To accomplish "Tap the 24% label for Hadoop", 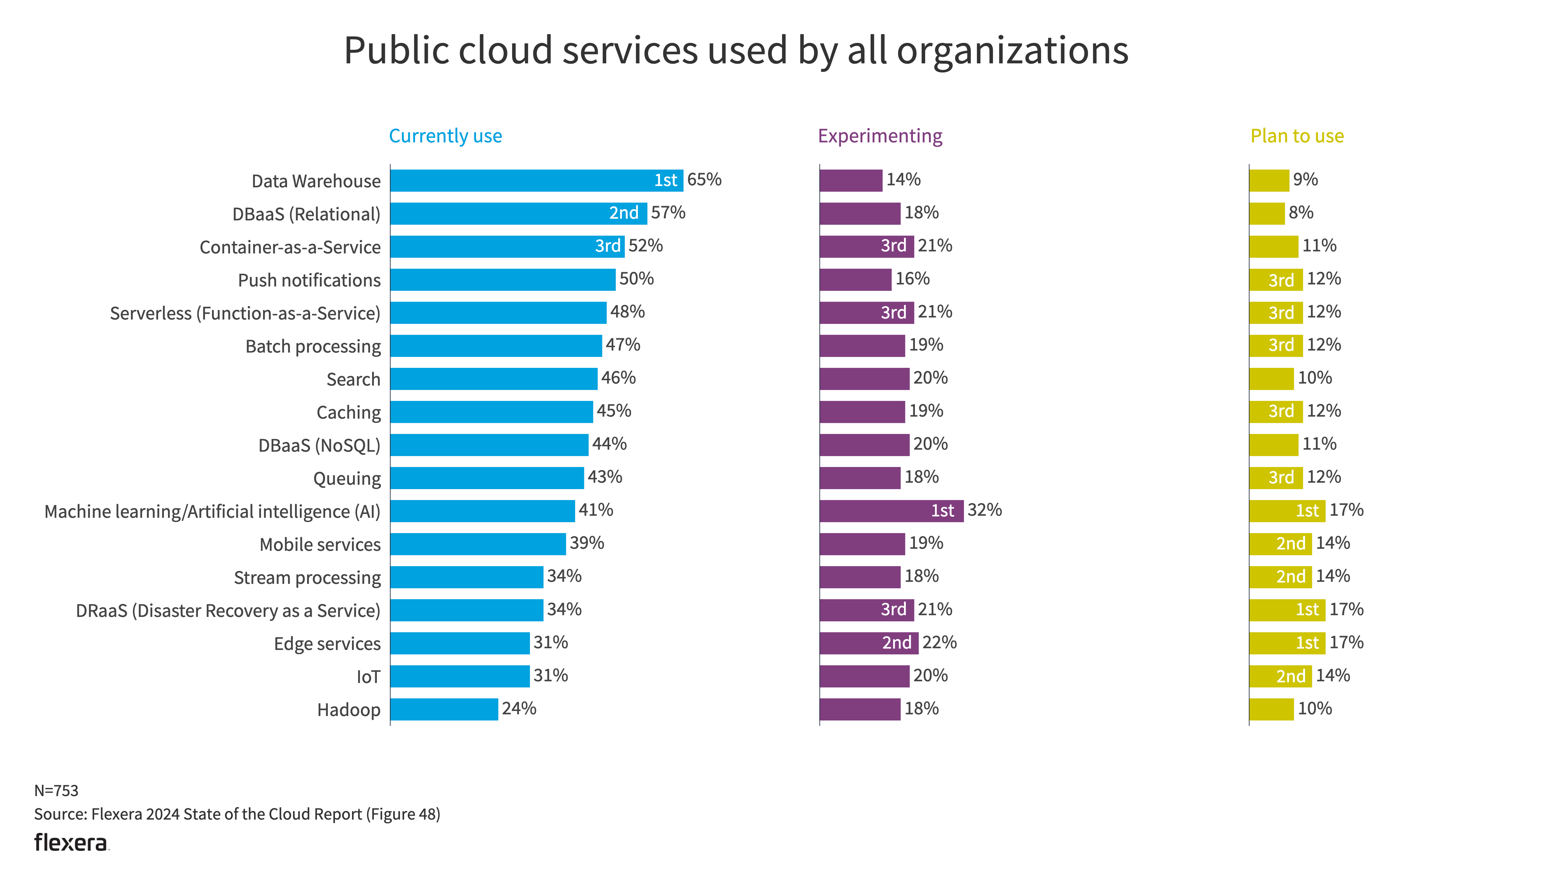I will point(519,709).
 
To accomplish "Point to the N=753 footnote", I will point(56,790).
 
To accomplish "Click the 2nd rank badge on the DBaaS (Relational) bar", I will point(624,213).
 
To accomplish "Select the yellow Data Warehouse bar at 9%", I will point(1269,181).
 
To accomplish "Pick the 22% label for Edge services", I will point(939,642).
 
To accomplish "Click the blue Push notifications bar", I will point(502,280).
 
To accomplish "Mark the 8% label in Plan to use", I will point(1301,213).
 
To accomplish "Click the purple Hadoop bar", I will point(859,709).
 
